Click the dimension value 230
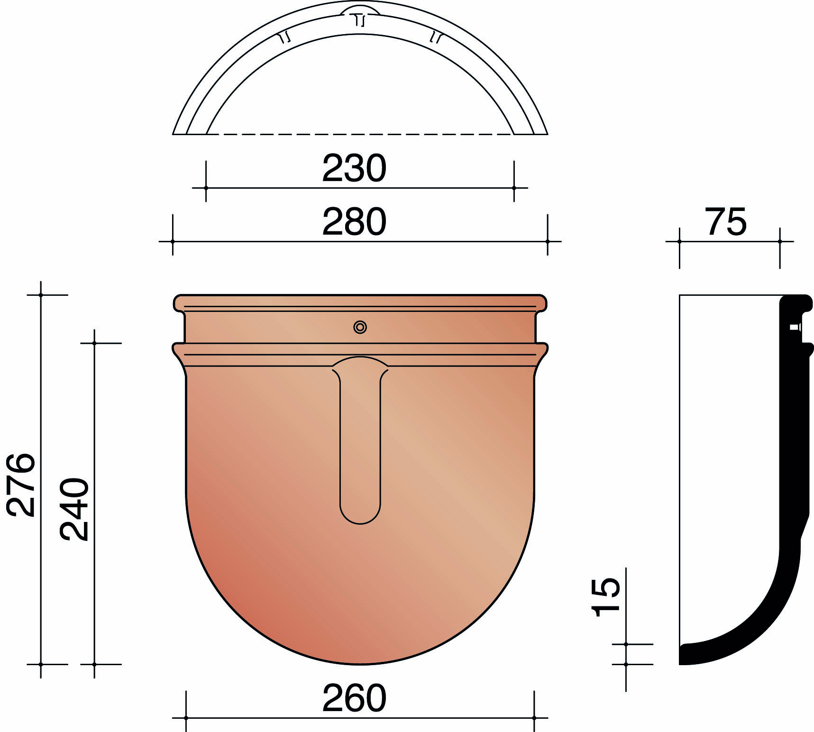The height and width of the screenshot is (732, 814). tap(354, 168)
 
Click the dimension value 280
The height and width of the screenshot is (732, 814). tap(354, 222)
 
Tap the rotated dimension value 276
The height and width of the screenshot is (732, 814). tap(21, 485)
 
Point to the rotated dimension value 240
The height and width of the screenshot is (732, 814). tap(74, 509)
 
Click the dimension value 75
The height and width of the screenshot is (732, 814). tap(725, 222)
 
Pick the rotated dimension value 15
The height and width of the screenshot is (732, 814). tap(607, 597)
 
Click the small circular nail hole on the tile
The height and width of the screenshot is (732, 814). tap(360, 327)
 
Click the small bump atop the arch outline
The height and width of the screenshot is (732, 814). tap(360, 10)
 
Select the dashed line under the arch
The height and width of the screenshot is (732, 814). tap(360, 135)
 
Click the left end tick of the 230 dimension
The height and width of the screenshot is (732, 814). tap(206, 188)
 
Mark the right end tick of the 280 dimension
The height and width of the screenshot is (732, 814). tap(548, 242)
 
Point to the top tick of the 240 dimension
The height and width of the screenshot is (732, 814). tap(94, 343)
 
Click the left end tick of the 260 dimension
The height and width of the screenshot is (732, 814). tap(186, 718)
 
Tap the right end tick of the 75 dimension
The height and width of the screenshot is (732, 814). tap(780, 242)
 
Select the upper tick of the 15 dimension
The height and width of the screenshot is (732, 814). tap(626, 644)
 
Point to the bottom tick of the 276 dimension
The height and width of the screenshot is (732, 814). tap(41, 664)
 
